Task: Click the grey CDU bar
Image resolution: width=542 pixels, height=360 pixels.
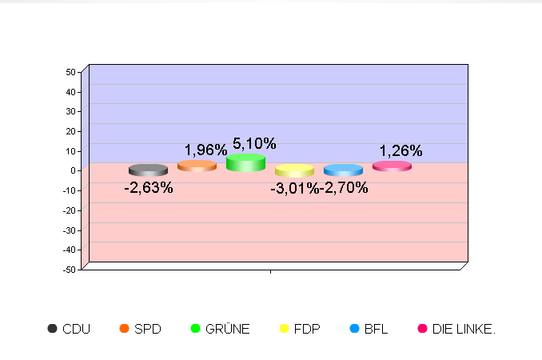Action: (x=148, y=170)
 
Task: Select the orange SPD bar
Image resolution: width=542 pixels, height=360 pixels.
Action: (x=197, y=166)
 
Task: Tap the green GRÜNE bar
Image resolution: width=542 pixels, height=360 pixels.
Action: (x=245, y=162)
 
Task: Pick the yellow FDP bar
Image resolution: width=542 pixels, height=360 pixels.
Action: (x=294, y=170)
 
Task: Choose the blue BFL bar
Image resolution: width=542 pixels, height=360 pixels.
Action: (x=343, y=170)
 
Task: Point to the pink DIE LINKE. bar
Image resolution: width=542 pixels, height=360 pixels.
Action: (x=392, y=166)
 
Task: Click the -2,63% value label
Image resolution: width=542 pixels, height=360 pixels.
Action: (x=148, y=188)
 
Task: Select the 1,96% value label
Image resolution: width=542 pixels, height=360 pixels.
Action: (x=205, y=150)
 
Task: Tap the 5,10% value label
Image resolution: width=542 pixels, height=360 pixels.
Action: (x=254, y=144)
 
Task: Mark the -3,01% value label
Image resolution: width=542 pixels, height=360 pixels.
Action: (x=293, y=188)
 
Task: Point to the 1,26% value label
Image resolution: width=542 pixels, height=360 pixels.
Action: (x=401, y=150)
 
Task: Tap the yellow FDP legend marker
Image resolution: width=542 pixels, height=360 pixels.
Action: (x=284, y=329)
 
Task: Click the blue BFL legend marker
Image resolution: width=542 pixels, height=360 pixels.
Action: (x=355, y=329)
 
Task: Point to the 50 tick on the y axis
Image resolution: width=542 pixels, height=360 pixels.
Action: (x=70, y=72)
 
